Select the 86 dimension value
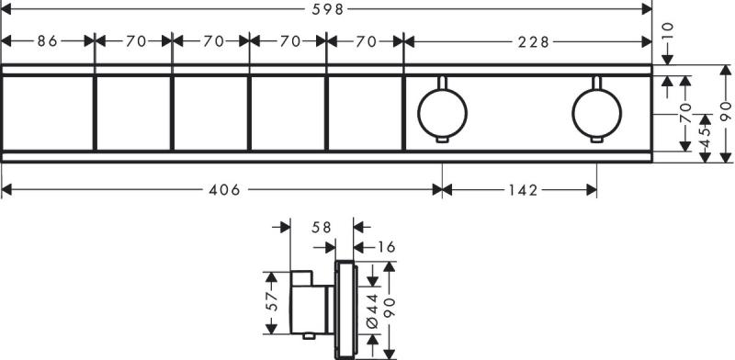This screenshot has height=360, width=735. (49, 40)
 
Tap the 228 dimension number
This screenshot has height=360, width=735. (528, 40)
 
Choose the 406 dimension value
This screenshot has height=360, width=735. (223, 190)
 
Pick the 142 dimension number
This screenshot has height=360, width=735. (520, 190)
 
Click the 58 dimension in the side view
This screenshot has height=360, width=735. (321, 226)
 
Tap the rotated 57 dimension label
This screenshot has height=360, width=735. (271, 302)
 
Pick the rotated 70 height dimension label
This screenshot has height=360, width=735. (684, 114)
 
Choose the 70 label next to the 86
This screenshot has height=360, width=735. (135, 40)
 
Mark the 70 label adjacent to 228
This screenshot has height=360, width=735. (366, 40)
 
